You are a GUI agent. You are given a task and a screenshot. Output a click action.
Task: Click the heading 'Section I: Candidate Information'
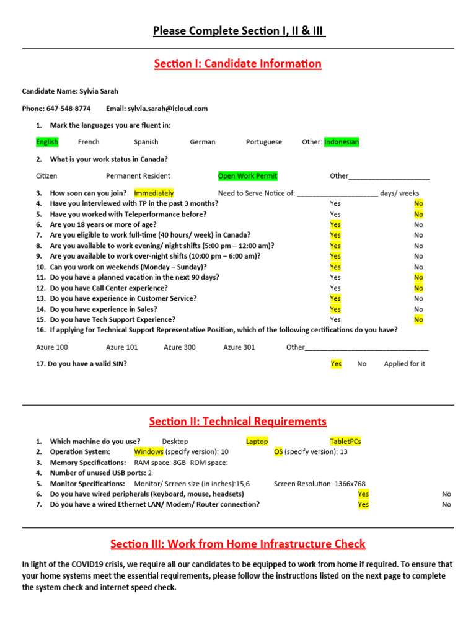click(238, 63)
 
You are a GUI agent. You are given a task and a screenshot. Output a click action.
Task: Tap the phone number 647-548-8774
click(68, 109)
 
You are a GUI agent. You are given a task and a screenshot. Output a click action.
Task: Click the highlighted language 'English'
click(47, 142)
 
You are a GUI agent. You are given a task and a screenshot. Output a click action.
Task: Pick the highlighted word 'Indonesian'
click(342, 142)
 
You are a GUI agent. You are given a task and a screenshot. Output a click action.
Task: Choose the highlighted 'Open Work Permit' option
click(248, 175)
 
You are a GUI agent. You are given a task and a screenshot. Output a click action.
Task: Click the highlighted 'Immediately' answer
click(154, 193)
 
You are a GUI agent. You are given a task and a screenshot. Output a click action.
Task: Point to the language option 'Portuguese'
click(263, 142)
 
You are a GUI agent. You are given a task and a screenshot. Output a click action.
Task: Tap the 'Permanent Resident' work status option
click(138, 175)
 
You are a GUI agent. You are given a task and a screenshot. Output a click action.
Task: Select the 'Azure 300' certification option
click(179, 347)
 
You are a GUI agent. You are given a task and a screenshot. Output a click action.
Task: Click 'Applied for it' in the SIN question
click(404, 364)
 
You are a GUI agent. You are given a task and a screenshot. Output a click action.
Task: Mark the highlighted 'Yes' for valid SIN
click(336, 364)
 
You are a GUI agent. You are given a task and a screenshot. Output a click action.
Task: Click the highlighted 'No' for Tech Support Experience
click(419, 319)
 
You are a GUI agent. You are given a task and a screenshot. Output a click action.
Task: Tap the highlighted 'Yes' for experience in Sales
click(335, 309)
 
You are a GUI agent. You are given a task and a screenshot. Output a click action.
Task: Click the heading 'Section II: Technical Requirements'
click(238, 422)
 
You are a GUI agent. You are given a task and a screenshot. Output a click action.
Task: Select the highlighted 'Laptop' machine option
click(257, 442)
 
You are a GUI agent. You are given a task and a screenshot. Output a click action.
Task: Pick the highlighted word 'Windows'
click(149, 452)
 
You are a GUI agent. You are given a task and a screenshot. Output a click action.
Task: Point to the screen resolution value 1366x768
click(345, 484)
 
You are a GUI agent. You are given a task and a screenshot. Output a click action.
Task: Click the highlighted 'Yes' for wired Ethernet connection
click(363, 505)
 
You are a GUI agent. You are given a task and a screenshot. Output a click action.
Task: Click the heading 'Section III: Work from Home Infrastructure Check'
click(238, 544)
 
